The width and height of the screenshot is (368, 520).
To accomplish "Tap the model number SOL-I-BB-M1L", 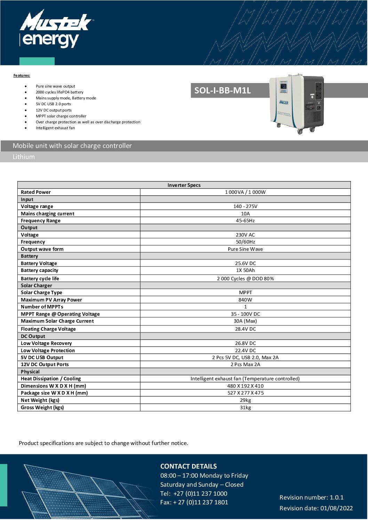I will click(222, 91).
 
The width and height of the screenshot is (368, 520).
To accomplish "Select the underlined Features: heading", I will click(22, 75).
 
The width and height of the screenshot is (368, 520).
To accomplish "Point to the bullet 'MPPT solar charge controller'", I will click(61, 116).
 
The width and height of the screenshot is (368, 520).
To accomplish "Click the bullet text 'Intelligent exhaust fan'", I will click(55, 128).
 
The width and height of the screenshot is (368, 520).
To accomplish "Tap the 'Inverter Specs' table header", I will click(184, 185).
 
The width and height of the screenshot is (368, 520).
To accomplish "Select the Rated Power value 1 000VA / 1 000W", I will click(245, 192).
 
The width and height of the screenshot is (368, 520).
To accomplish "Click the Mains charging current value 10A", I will click(245, 214).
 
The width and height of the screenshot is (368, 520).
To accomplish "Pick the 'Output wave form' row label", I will click(42, 249).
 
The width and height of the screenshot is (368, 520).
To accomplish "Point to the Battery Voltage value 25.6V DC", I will click(245, 263).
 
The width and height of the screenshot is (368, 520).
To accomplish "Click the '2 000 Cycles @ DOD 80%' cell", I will click(245, 279).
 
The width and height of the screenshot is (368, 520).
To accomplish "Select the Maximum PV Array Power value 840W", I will click(245, 300).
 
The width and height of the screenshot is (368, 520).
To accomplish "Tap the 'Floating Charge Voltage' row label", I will click(48, 329).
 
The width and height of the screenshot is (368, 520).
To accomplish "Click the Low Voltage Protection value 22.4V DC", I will click(245, 350).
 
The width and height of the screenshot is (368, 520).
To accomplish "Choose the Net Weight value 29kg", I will click(245, 400).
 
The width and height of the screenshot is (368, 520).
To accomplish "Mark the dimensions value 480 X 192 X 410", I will click(245, 386).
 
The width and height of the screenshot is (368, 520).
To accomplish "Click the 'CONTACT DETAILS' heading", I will click(189, 467).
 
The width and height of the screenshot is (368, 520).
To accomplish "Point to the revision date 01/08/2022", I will click(336, 508).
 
